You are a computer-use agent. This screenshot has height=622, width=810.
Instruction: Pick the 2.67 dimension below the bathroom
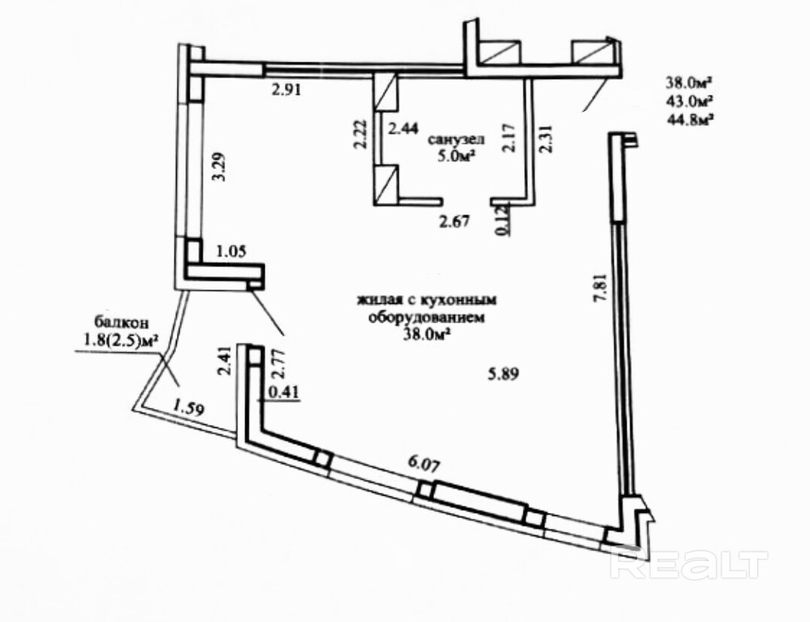point(454,221)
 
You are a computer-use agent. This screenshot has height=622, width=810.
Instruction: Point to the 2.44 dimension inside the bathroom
point(402,129)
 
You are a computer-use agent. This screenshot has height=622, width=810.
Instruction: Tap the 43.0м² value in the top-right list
point(689,99)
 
